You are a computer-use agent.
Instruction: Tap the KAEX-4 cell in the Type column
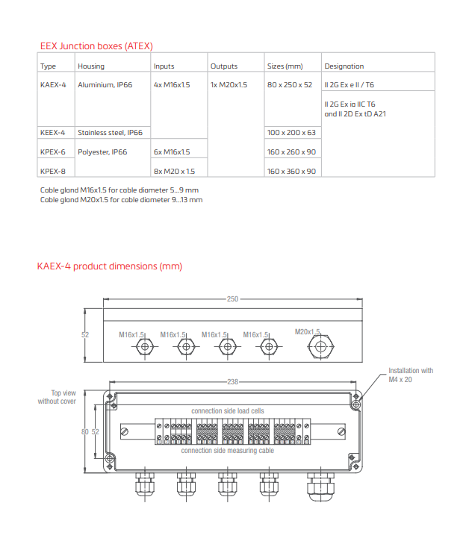click(53, 85)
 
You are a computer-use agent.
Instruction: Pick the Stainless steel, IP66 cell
click(110, 132)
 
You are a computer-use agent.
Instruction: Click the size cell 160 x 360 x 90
click(291, 171)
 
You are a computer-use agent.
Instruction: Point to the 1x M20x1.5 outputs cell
click(229, 85)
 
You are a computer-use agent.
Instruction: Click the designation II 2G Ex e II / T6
click(349, 85)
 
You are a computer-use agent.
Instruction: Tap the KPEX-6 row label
click(53, 151)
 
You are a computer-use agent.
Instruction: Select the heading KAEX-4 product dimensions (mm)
click(110, 266)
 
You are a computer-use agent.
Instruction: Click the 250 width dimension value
click(232, 298)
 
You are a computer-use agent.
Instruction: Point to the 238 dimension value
click(232, 381)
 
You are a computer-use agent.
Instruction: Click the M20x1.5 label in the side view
click(307, 331)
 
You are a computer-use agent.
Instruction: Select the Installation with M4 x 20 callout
click(410, 375)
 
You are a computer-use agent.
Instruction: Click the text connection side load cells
click(227, 411)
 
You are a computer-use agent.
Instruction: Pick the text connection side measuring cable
click(227, 451)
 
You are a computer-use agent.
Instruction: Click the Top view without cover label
click(59, 397)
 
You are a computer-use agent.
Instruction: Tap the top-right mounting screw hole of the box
click(356, 396)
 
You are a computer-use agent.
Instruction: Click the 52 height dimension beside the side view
click(85, 334)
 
